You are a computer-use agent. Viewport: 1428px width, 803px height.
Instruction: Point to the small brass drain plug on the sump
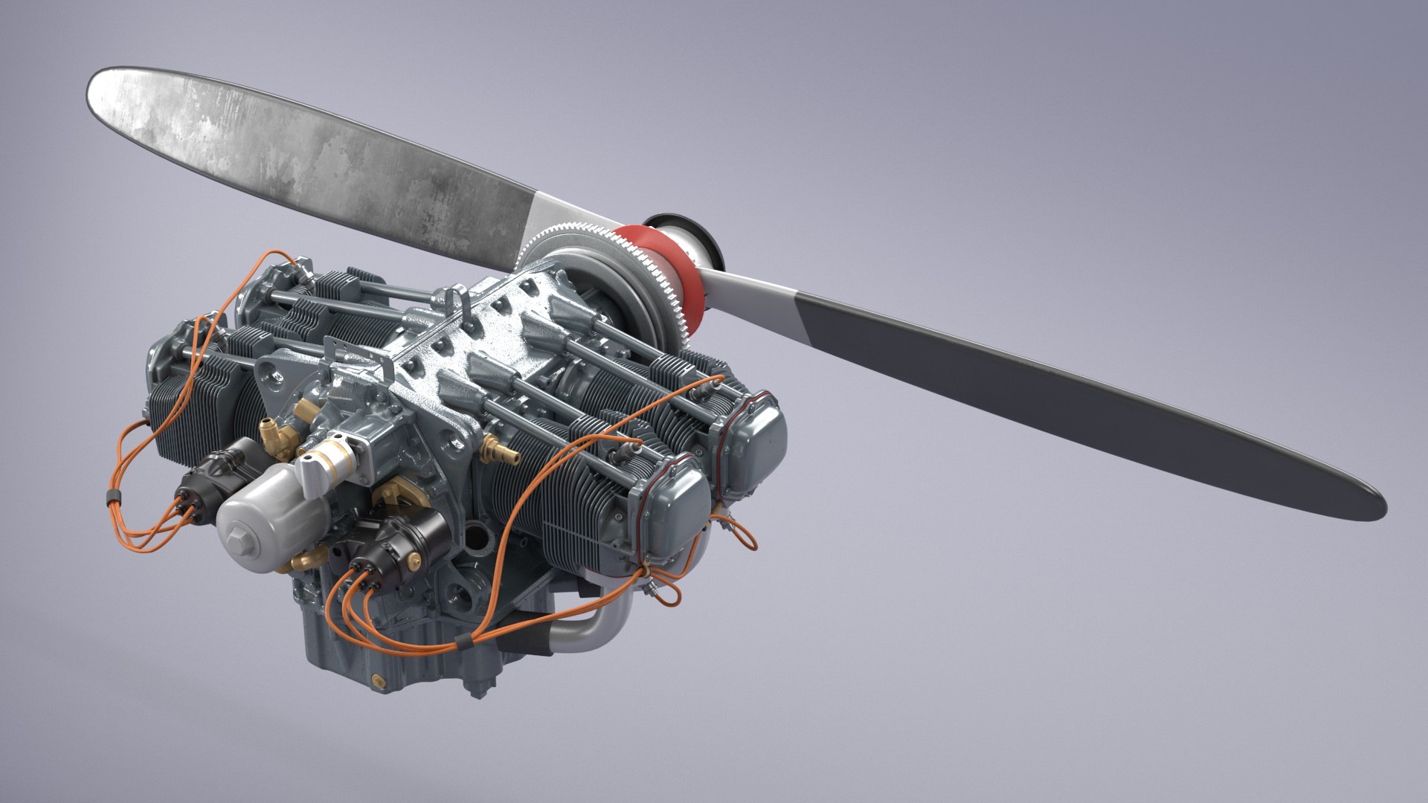[382, 679]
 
